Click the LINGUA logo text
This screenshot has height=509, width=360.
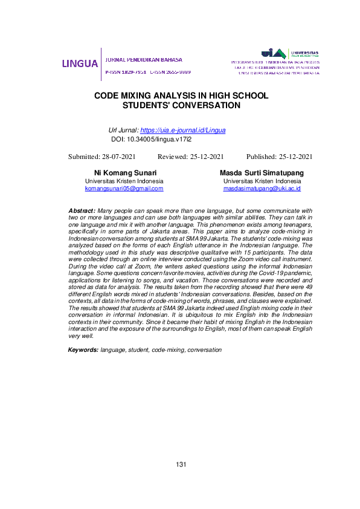tap(79, 63)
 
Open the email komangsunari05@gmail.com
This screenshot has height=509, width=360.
tap(124, 188)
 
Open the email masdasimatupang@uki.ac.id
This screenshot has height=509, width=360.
tap(262, 188)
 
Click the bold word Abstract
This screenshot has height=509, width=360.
tap(82, 209)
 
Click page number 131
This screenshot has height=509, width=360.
tap(181, 464)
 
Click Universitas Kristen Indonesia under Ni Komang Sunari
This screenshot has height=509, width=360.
tap(124, 181)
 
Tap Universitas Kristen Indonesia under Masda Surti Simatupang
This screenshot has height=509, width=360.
tap(262, 181)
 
